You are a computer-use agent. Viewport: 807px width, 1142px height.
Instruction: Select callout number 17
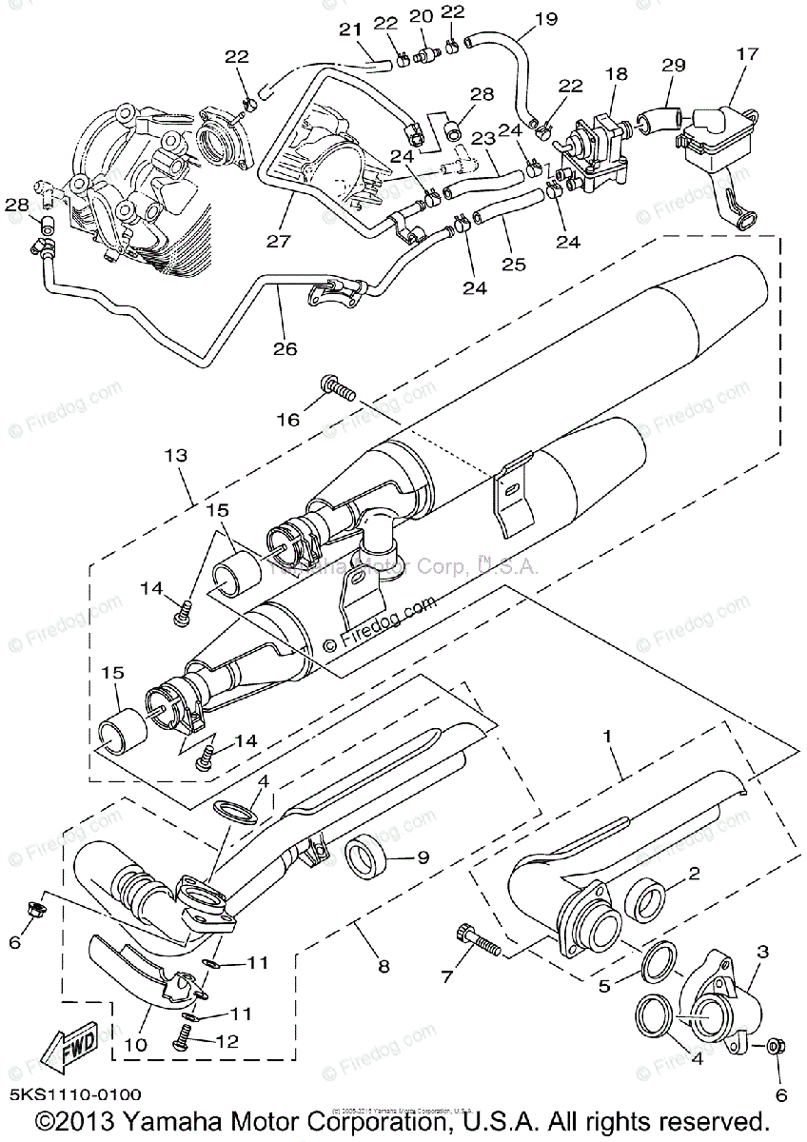[x=747, y=54]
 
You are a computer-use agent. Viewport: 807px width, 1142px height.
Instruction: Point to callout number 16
[x=287, y=419]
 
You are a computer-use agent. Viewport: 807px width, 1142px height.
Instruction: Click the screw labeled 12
[x=180, y=1044]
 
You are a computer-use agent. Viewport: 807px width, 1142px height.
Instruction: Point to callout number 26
[x=285, y=349]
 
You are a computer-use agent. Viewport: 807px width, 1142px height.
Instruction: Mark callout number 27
[x=277, y=241]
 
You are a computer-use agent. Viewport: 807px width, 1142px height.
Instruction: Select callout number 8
[x=384, y=966]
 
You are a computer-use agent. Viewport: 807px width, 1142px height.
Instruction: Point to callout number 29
[x=674, y=65]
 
